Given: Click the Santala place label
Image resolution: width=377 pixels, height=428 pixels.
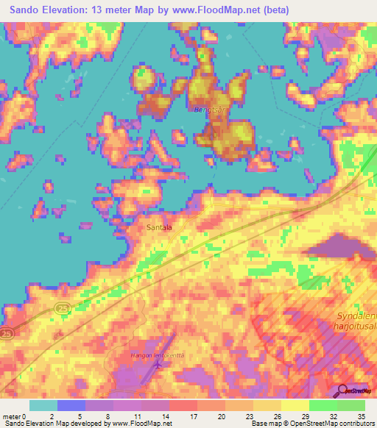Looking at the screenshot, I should point(158,228).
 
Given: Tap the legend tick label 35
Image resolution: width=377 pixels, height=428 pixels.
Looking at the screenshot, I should point(362,415).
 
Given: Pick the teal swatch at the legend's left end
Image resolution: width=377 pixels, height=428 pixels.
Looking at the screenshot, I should point(43,405).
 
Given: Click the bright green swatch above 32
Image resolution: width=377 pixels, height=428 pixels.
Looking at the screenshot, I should point(323,405).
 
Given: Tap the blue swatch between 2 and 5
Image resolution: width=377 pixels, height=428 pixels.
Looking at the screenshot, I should point(71,405).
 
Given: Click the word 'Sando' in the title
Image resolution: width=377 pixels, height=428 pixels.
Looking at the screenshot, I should point(27,10).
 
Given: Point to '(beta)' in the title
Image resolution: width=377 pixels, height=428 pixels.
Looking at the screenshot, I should point(270,10).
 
